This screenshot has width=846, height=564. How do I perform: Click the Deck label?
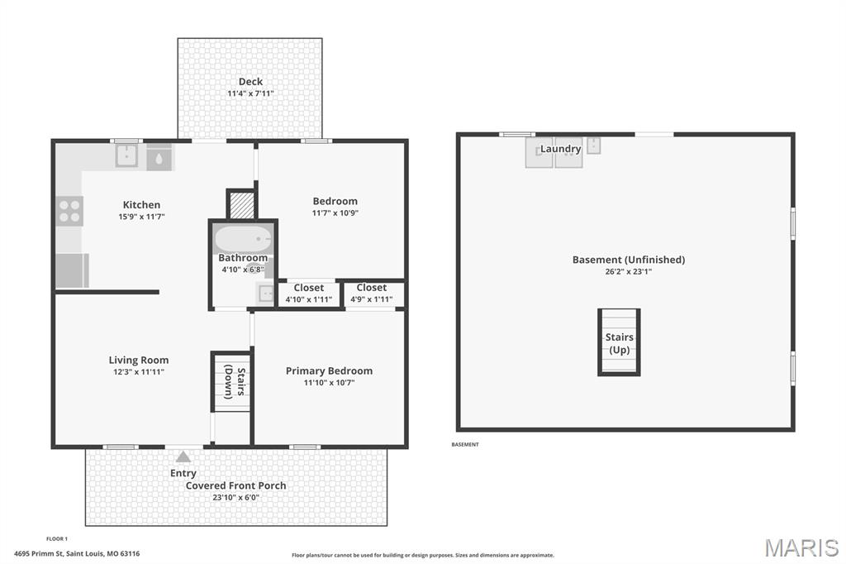click(x=250, y=81)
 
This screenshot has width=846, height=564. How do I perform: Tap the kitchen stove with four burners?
click(x=70, y=210)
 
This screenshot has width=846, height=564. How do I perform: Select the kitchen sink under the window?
click(x=126, y=155)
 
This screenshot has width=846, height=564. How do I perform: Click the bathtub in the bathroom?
click(x=243, y=239)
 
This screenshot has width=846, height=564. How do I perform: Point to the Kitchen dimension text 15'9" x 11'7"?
click(x=141, y=217)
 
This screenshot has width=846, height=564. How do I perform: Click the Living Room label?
click(x=139, y=360)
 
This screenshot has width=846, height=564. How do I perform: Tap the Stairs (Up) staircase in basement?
click(x=619, y=342)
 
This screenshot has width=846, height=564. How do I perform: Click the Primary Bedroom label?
click(x=329, y=370)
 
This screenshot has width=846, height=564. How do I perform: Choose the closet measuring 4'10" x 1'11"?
click(x=309, y=294)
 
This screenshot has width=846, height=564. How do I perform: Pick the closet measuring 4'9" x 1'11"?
click(x=372, y=294)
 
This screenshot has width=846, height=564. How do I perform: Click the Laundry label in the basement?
click(x=560, y=149)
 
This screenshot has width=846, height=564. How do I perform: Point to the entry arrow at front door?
click(x=183, y=455)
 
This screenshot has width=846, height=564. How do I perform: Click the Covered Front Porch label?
click(x=235, y=485)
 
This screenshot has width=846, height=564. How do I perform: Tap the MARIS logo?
click(x=801, y=547)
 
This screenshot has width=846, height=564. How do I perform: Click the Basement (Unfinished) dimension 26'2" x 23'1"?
click(x=628, y=270)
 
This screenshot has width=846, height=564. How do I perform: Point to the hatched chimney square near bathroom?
click(x=241, y=205)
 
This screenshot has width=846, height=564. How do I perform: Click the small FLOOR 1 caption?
click(x=57, y=538)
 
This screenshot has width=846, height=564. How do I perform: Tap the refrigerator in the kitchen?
click(x=72, y=270)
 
